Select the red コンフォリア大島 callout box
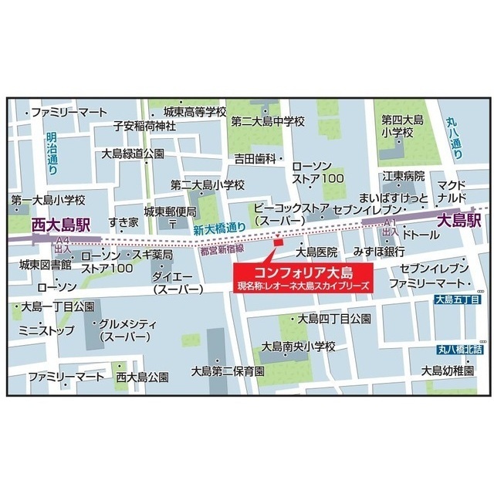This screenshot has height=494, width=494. pyautogui.click(x=303, y=276)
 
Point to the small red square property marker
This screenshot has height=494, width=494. pyautogui.click(x=278, y=244)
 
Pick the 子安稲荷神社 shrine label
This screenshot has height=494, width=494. pyautogui.click(x=144, y=126)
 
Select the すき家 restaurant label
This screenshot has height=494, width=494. pyautogui.click(x=123, y=222)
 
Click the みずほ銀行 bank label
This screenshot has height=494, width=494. pyautogui.click(x=379, y=252)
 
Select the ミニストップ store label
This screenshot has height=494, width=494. pyautogui.click(x=47, y=330)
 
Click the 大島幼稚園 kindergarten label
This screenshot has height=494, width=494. pyautogui.click(x=447, y=370)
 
